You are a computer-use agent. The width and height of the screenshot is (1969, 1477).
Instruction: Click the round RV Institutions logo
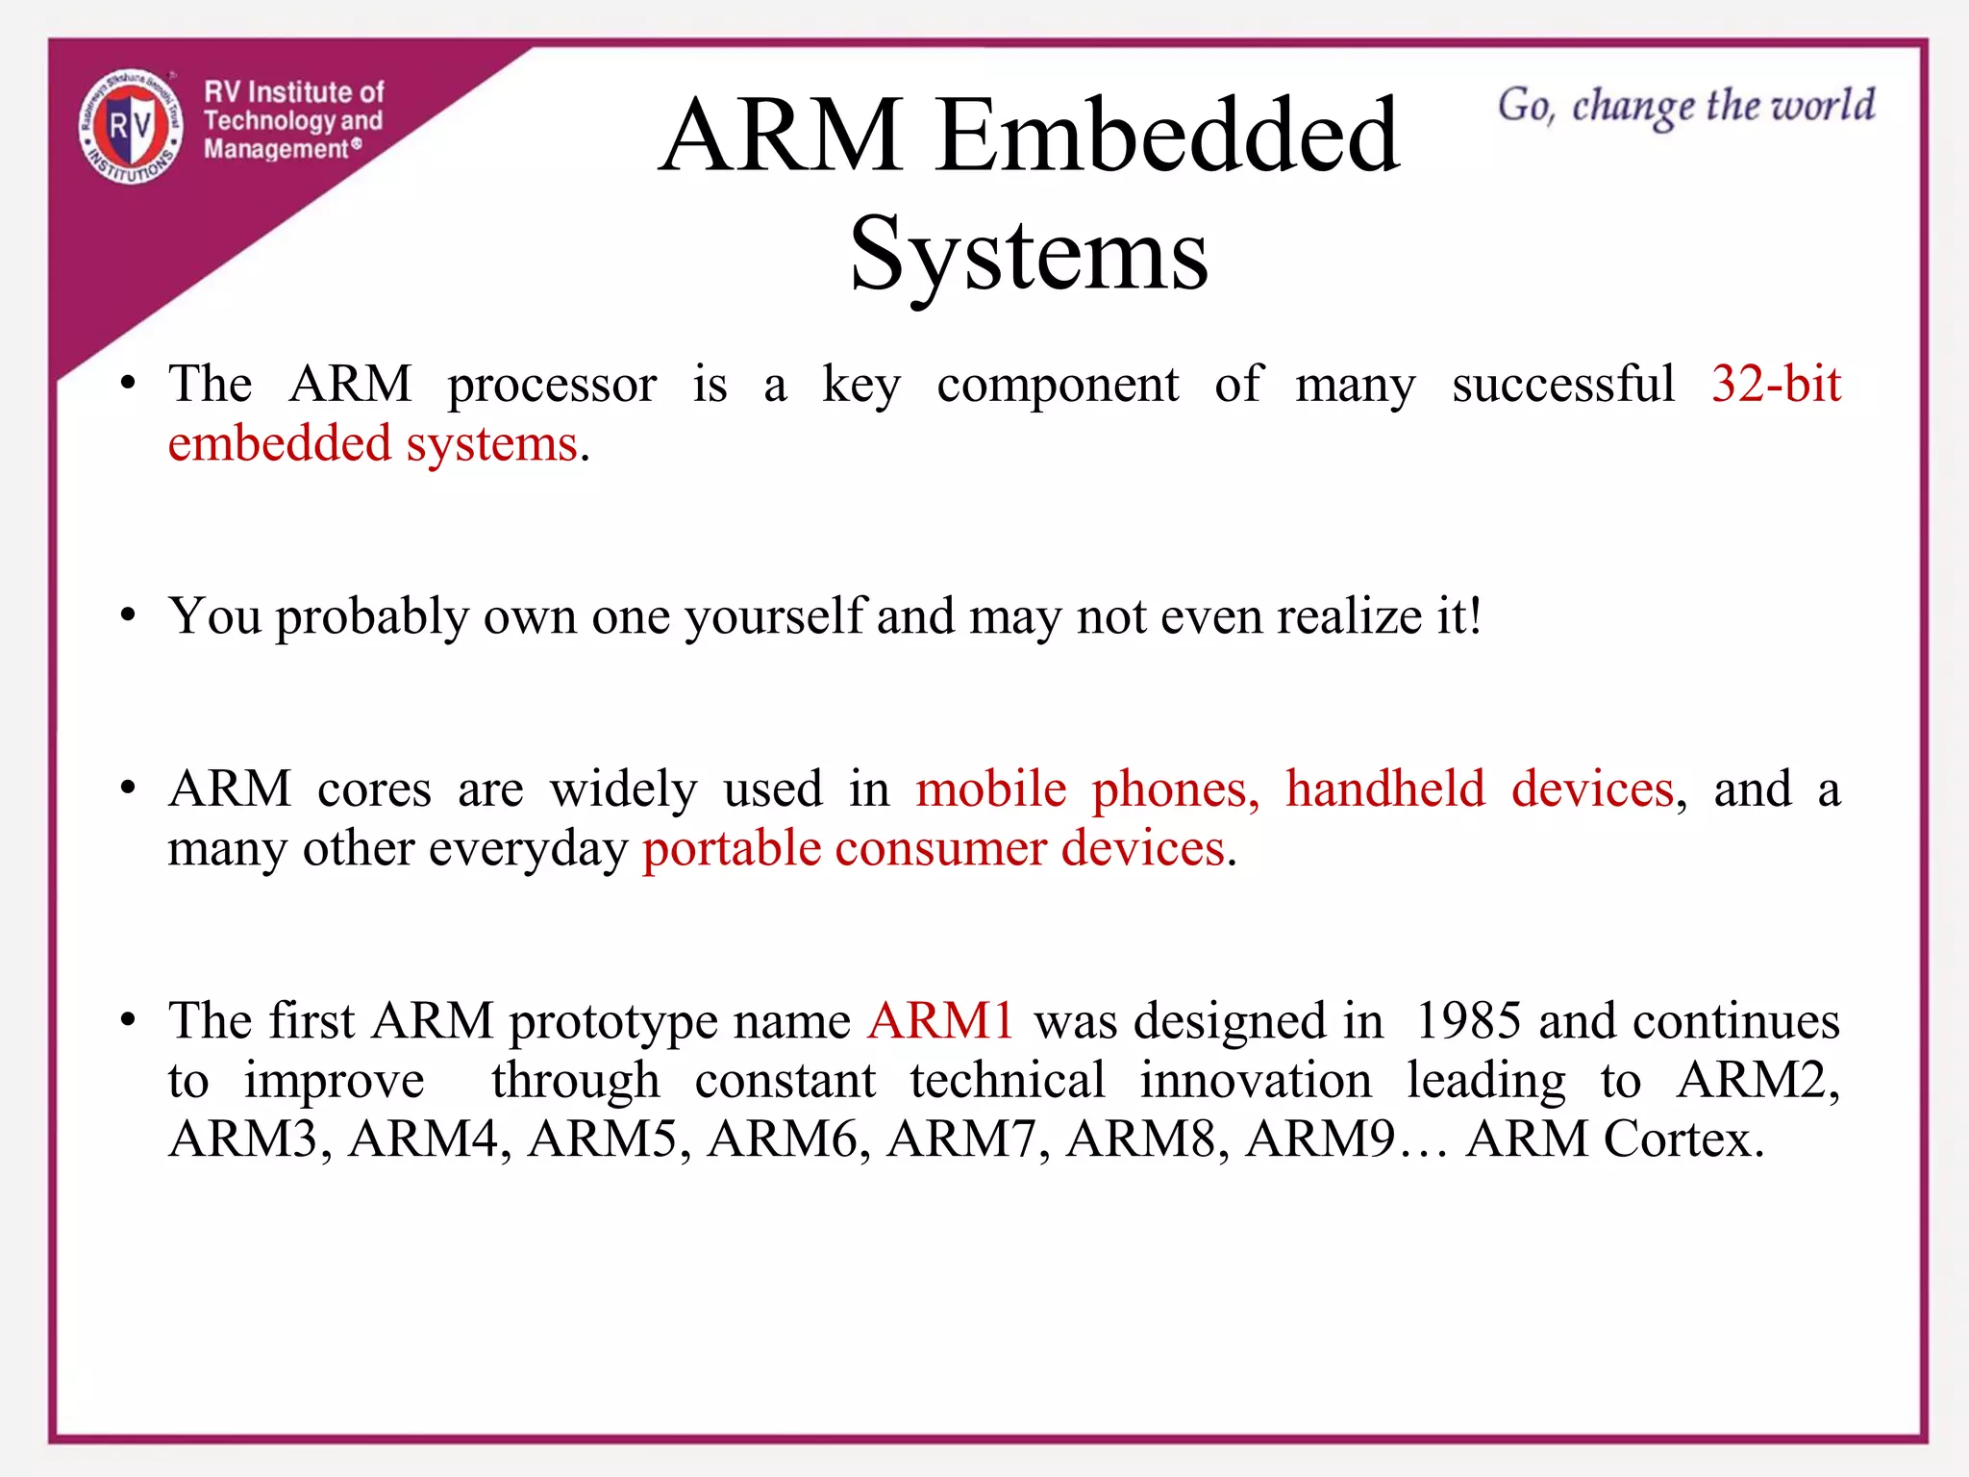131,127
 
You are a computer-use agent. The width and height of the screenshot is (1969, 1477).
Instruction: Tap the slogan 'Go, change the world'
1685,106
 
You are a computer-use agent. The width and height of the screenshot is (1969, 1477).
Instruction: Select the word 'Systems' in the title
1029,254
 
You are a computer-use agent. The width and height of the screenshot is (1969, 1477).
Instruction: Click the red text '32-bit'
1775,384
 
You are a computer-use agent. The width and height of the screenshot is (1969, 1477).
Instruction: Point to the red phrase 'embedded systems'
373,444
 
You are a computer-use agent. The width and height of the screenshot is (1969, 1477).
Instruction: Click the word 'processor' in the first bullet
552,385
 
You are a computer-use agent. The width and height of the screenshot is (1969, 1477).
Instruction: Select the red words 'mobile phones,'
1086,789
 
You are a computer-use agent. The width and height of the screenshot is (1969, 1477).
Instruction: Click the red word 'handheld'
1384,789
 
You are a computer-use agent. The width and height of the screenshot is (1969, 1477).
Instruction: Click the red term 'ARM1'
940,1021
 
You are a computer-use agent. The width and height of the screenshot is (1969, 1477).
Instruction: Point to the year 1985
1468,1021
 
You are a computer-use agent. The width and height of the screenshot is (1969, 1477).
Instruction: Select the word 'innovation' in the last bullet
1255,1081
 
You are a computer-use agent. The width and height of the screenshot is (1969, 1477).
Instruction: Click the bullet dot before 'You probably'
128,615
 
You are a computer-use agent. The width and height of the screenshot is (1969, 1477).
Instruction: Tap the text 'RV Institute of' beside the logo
293,92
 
